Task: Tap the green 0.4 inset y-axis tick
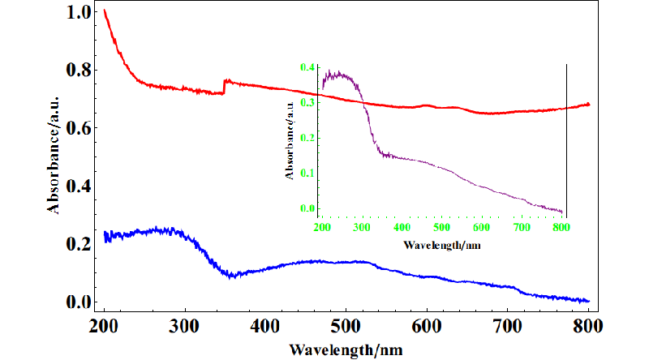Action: point(307,67)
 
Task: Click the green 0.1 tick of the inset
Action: point(307,173)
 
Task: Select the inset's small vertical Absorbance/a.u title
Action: point(289,138)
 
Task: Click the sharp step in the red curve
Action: point(224,87)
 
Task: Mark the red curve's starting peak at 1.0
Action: point(105,11)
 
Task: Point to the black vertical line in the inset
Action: point(566,138)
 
